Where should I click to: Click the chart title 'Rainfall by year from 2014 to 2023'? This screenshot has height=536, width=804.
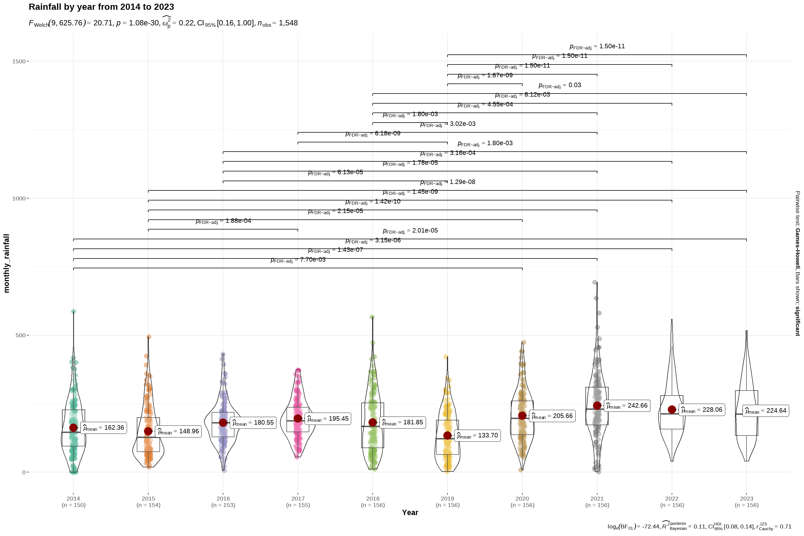[101, 7]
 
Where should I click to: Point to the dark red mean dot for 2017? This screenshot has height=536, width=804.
[298, 419]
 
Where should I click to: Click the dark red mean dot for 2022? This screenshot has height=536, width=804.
[672, 410]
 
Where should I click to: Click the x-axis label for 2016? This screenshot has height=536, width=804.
[223, 501]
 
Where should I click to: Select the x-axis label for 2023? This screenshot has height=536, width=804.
[746, 501]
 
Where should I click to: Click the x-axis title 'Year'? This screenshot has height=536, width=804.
[410, 513]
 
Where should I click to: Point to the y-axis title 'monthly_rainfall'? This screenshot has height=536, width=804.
[6, 263]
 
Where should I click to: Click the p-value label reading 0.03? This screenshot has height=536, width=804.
[559, 85]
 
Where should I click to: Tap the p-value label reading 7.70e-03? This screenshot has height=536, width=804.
[298, 260]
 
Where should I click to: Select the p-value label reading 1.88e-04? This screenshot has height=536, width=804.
[223, 221]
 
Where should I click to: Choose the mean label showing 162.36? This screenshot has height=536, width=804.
[103, 428]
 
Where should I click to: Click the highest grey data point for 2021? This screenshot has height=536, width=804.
[595, 282]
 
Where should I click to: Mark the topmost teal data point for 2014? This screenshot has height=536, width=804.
[73, 312]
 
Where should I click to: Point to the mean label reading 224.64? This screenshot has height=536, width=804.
[765, 411]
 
